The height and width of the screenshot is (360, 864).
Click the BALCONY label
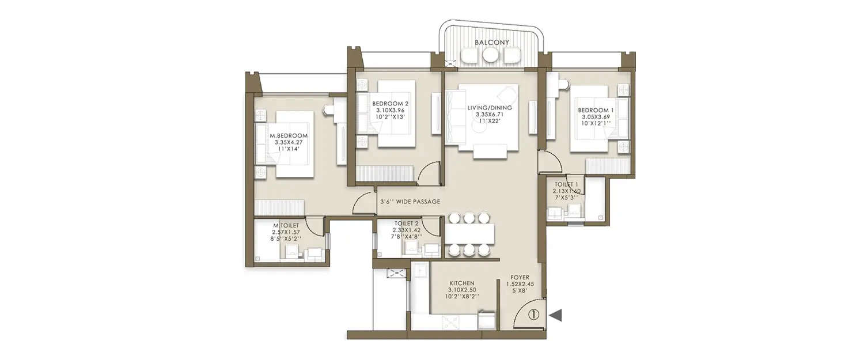pos(491,43)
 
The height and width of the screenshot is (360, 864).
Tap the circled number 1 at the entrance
pos(533,314)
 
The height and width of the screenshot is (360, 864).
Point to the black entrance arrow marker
pos(556,314)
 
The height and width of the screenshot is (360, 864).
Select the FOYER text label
pos(520,278)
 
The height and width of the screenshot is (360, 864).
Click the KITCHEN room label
pos(462,283)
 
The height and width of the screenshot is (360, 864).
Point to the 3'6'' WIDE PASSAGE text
pos(410,202)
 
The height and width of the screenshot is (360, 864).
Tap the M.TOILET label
pos(286,225)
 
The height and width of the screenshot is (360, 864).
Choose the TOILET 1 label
pos(566,184)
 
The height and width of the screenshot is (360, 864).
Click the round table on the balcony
pos(491,55)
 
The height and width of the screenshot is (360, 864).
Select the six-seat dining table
pos(469,233)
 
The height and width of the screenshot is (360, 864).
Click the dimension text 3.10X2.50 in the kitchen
pos(462,290)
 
